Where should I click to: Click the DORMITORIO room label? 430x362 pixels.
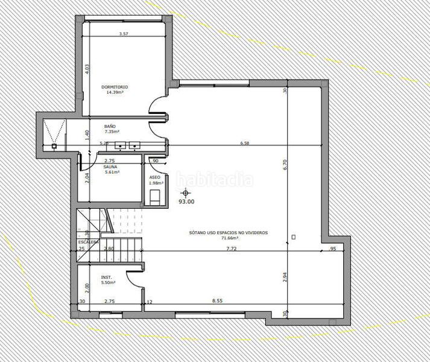(x=115, y=87)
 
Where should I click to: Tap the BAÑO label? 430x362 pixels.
(x=110, y=126)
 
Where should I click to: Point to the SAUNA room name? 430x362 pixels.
(x=110, y=167)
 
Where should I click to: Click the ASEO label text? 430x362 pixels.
(x=154, y=177)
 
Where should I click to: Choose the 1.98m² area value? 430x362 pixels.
(x=155, y=183)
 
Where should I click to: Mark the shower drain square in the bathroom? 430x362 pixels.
(x=54, y=145)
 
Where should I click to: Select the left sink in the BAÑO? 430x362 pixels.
(x=121, y=145)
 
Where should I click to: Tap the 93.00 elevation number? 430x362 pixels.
(x=186, y=202)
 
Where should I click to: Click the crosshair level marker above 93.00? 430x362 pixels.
(x=185, y=192)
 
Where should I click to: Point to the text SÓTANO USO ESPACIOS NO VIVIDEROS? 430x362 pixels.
(x=229, y=232)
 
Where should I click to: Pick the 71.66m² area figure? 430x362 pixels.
(x=229, y=238)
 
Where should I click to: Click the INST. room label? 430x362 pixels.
(x=106, y=277)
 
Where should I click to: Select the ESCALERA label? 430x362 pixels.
(x=89, y=242)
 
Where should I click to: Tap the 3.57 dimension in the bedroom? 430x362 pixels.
(x=124, y=34)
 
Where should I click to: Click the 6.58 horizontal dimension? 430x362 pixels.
(x=244, y=144)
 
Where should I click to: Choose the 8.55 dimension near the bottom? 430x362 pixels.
(x=217, y=301)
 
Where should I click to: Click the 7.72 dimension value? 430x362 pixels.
(x=231, y=249)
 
